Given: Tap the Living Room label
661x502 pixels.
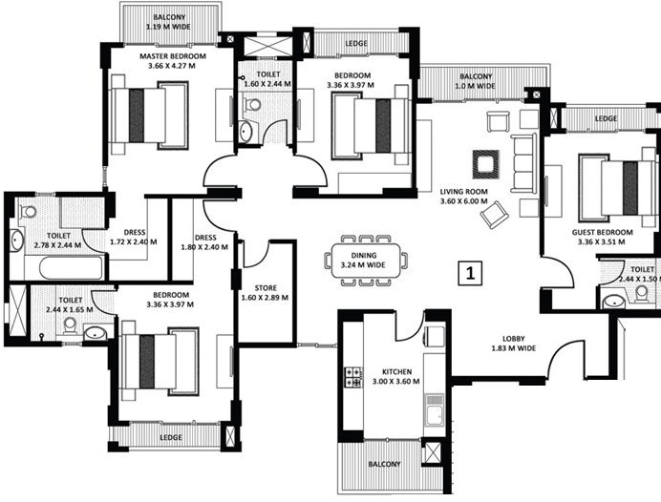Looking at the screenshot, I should click(x=464, y=196).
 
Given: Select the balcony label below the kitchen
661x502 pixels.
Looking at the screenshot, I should click(x=386, y=465).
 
